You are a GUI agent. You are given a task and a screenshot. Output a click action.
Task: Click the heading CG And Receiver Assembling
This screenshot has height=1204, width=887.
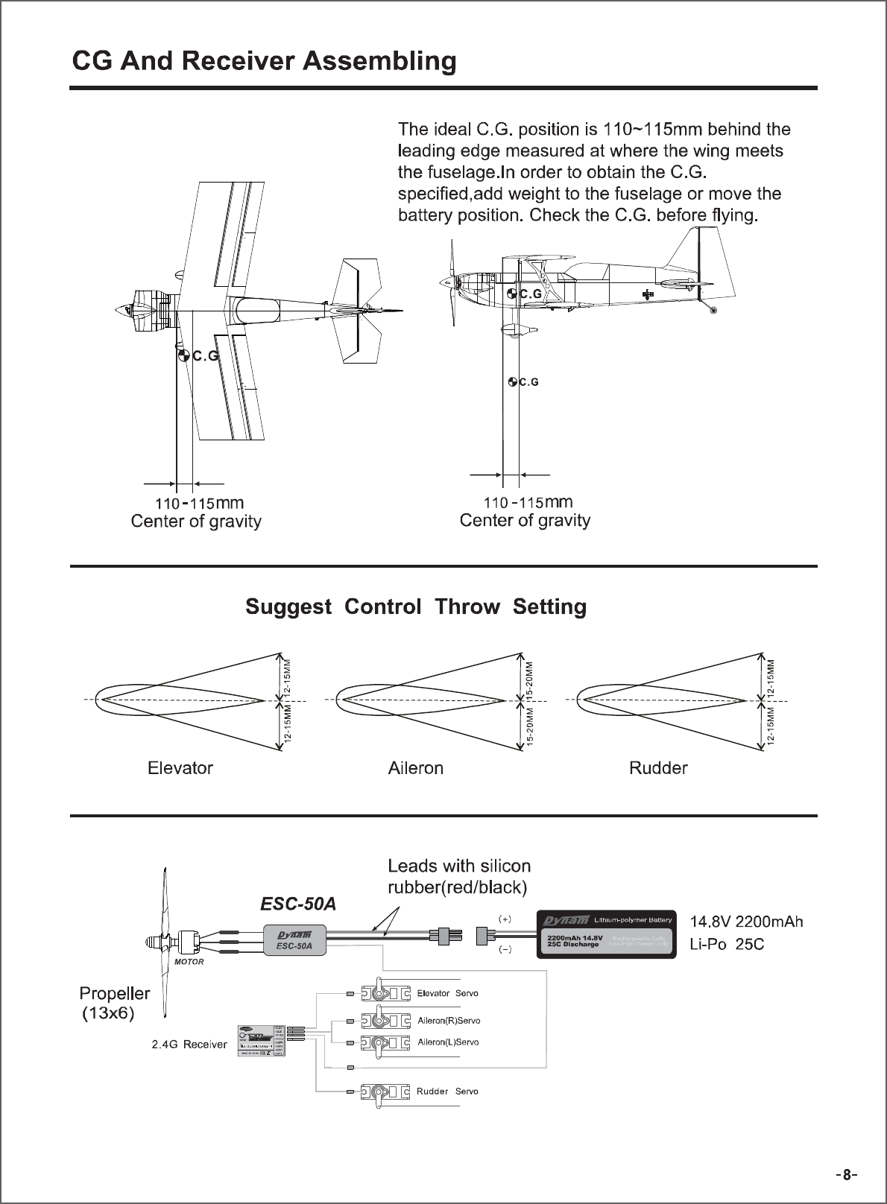coord(263,61)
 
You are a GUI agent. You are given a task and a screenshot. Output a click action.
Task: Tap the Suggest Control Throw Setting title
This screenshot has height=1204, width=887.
coord(416,606)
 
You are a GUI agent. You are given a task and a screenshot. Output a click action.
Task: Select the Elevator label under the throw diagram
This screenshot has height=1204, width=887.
coord(180,767)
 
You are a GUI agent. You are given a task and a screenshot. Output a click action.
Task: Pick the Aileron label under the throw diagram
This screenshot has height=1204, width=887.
coord(415,767)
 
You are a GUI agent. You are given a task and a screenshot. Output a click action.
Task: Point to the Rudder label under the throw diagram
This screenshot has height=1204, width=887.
coord(658,767)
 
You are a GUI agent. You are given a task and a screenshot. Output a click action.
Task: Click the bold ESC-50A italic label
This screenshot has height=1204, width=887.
coord(297,904)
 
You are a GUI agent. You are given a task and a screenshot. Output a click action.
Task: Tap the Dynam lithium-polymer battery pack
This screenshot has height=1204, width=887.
coord(606,933)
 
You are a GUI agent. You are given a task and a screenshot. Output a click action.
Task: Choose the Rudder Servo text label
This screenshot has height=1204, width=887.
coord(447,1091)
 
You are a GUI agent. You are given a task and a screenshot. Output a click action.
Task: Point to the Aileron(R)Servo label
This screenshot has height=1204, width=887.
coord(448,1020)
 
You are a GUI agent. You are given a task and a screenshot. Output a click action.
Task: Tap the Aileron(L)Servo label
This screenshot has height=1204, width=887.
coord(447,1042)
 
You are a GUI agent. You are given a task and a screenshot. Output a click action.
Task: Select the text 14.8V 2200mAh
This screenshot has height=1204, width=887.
coord(747,922)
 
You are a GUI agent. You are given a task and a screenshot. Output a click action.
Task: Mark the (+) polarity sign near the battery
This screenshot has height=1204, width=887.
coord(505,919)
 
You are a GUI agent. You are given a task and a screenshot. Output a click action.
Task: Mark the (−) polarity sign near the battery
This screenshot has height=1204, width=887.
coord(505,950)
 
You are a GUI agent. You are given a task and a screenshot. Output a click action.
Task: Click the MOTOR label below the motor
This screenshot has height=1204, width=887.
coord(189,962)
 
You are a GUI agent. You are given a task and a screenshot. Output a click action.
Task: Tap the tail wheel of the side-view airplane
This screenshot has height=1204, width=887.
coord(714,309)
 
